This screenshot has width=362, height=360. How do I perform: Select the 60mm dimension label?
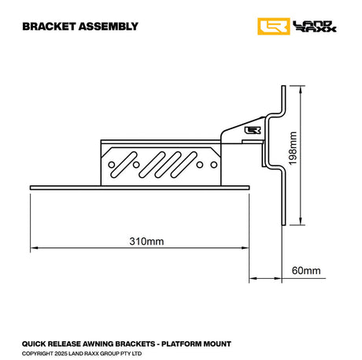click(306, 271)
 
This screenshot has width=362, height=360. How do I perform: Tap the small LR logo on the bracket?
click(253, 131)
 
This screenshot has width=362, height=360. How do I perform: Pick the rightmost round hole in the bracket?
click(210, 165)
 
